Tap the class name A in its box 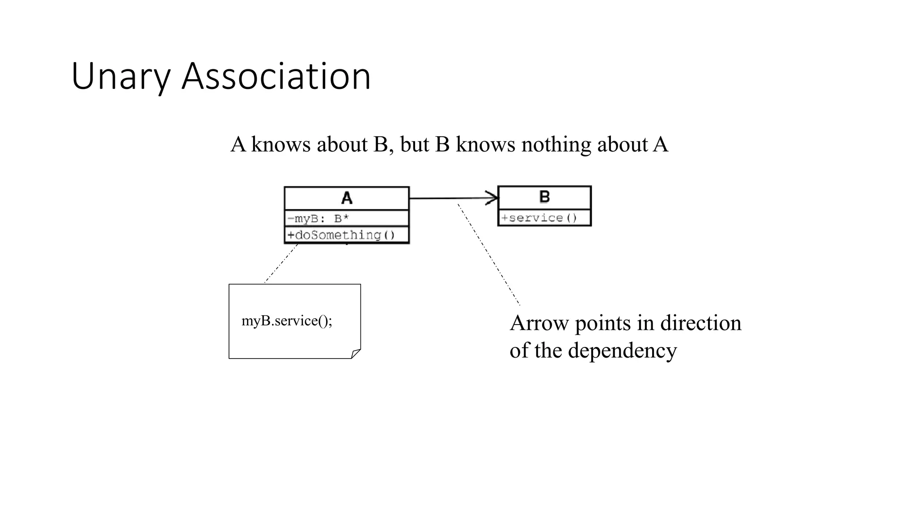[x=347, y=198]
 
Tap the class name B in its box [x=544, y=197]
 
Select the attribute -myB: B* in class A [x=318, y=219]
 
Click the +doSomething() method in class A [x=341, y=235]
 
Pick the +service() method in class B [x=539, y=218]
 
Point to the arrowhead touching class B [x=493, y=198]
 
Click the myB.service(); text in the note [x=287, y=321]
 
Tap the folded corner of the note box [x=356, y=354]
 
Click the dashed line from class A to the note [x=281, y=264]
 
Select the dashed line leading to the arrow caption [x=489, y=255]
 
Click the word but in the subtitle [x=415, y=145]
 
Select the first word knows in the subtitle [x=281, y=145]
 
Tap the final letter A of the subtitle [x=661, y=145]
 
